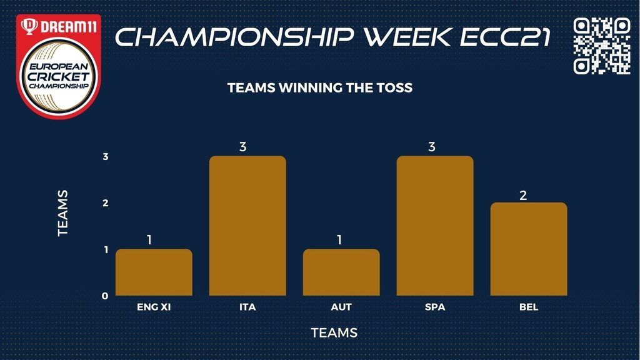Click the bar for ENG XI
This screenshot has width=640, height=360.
(154, 272)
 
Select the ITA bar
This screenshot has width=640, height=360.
(247, 226)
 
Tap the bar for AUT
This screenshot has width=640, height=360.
(341, 272)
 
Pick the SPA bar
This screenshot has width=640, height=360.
(435, 226)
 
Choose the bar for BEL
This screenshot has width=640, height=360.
(529, 249)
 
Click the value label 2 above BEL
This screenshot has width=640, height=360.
(523, 196)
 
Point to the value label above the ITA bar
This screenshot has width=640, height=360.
(243, 146)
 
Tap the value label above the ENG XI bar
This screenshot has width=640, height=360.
(149, 239)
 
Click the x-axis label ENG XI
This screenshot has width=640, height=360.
(154, 307)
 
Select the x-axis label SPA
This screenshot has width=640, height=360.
(435, 307)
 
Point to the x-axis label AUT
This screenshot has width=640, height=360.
(341, 307)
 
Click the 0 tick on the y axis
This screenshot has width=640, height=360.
(105, 296)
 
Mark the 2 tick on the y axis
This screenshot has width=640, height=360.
(105, 203)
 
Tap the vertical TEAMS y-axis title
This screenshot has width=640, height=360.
(62, 213)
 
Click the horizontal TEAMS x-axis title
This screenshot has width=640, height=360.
(334, 332)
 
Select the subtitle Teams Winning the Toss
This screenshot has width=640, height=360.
(320, 87)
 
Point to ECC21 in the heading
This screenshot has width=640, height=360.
(506, 37)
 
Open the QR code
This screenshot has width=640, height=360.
(602, 46)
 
